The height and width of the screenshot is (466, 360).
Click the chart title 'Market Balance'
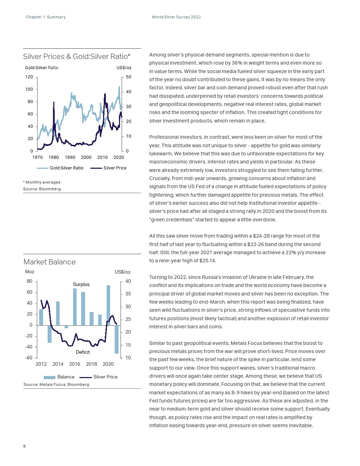pyautogui.click(x=49, y=262)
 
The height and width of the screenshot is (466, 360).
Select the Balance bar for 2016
pyautogui.click(x=75, y=307)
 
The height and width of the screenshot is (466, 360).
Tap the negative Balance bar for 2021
pyautogui.click(x=117, y=339)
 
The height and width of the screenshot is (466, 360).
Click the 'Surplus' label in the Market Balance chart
pyautogui.click(x=81, y=284)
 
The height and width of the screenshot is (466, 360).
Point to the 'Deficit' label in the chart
pyautogui.click(x=83, y=352)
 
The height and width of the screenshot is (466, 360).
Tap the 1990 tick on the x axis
pyautogui.click(x=70, y=157)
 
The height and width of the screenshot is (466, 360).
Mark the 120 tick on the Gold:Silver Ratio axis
pyautogui.click(x=29, y=77)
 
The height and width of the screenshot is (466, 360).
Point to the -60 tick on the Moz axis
pyautogui.click(x=29, y=358)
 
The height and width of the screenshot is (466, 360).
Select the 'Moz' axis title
pyautogui.click(x=30, y=271)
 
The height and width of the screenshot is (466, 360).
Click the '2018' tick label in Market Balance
pyautogui.click(x=91, y=364)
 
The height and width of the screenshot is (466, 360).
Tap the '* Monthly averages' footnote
pyautogui.click(x=42, y=182)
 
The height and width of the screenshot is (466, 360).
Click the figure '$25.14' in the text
pyautogui.click(x=208, y=261)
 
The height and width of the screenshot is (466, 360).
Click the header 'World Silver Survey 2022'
pyautogui.click(x=176, y=17)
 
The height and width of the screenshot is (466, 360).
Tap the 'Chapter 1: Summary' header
pyautogui.click(x=46, y=17)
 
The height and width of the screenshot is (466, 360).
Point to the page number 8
pyautogui.click(x=24, y=446)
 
